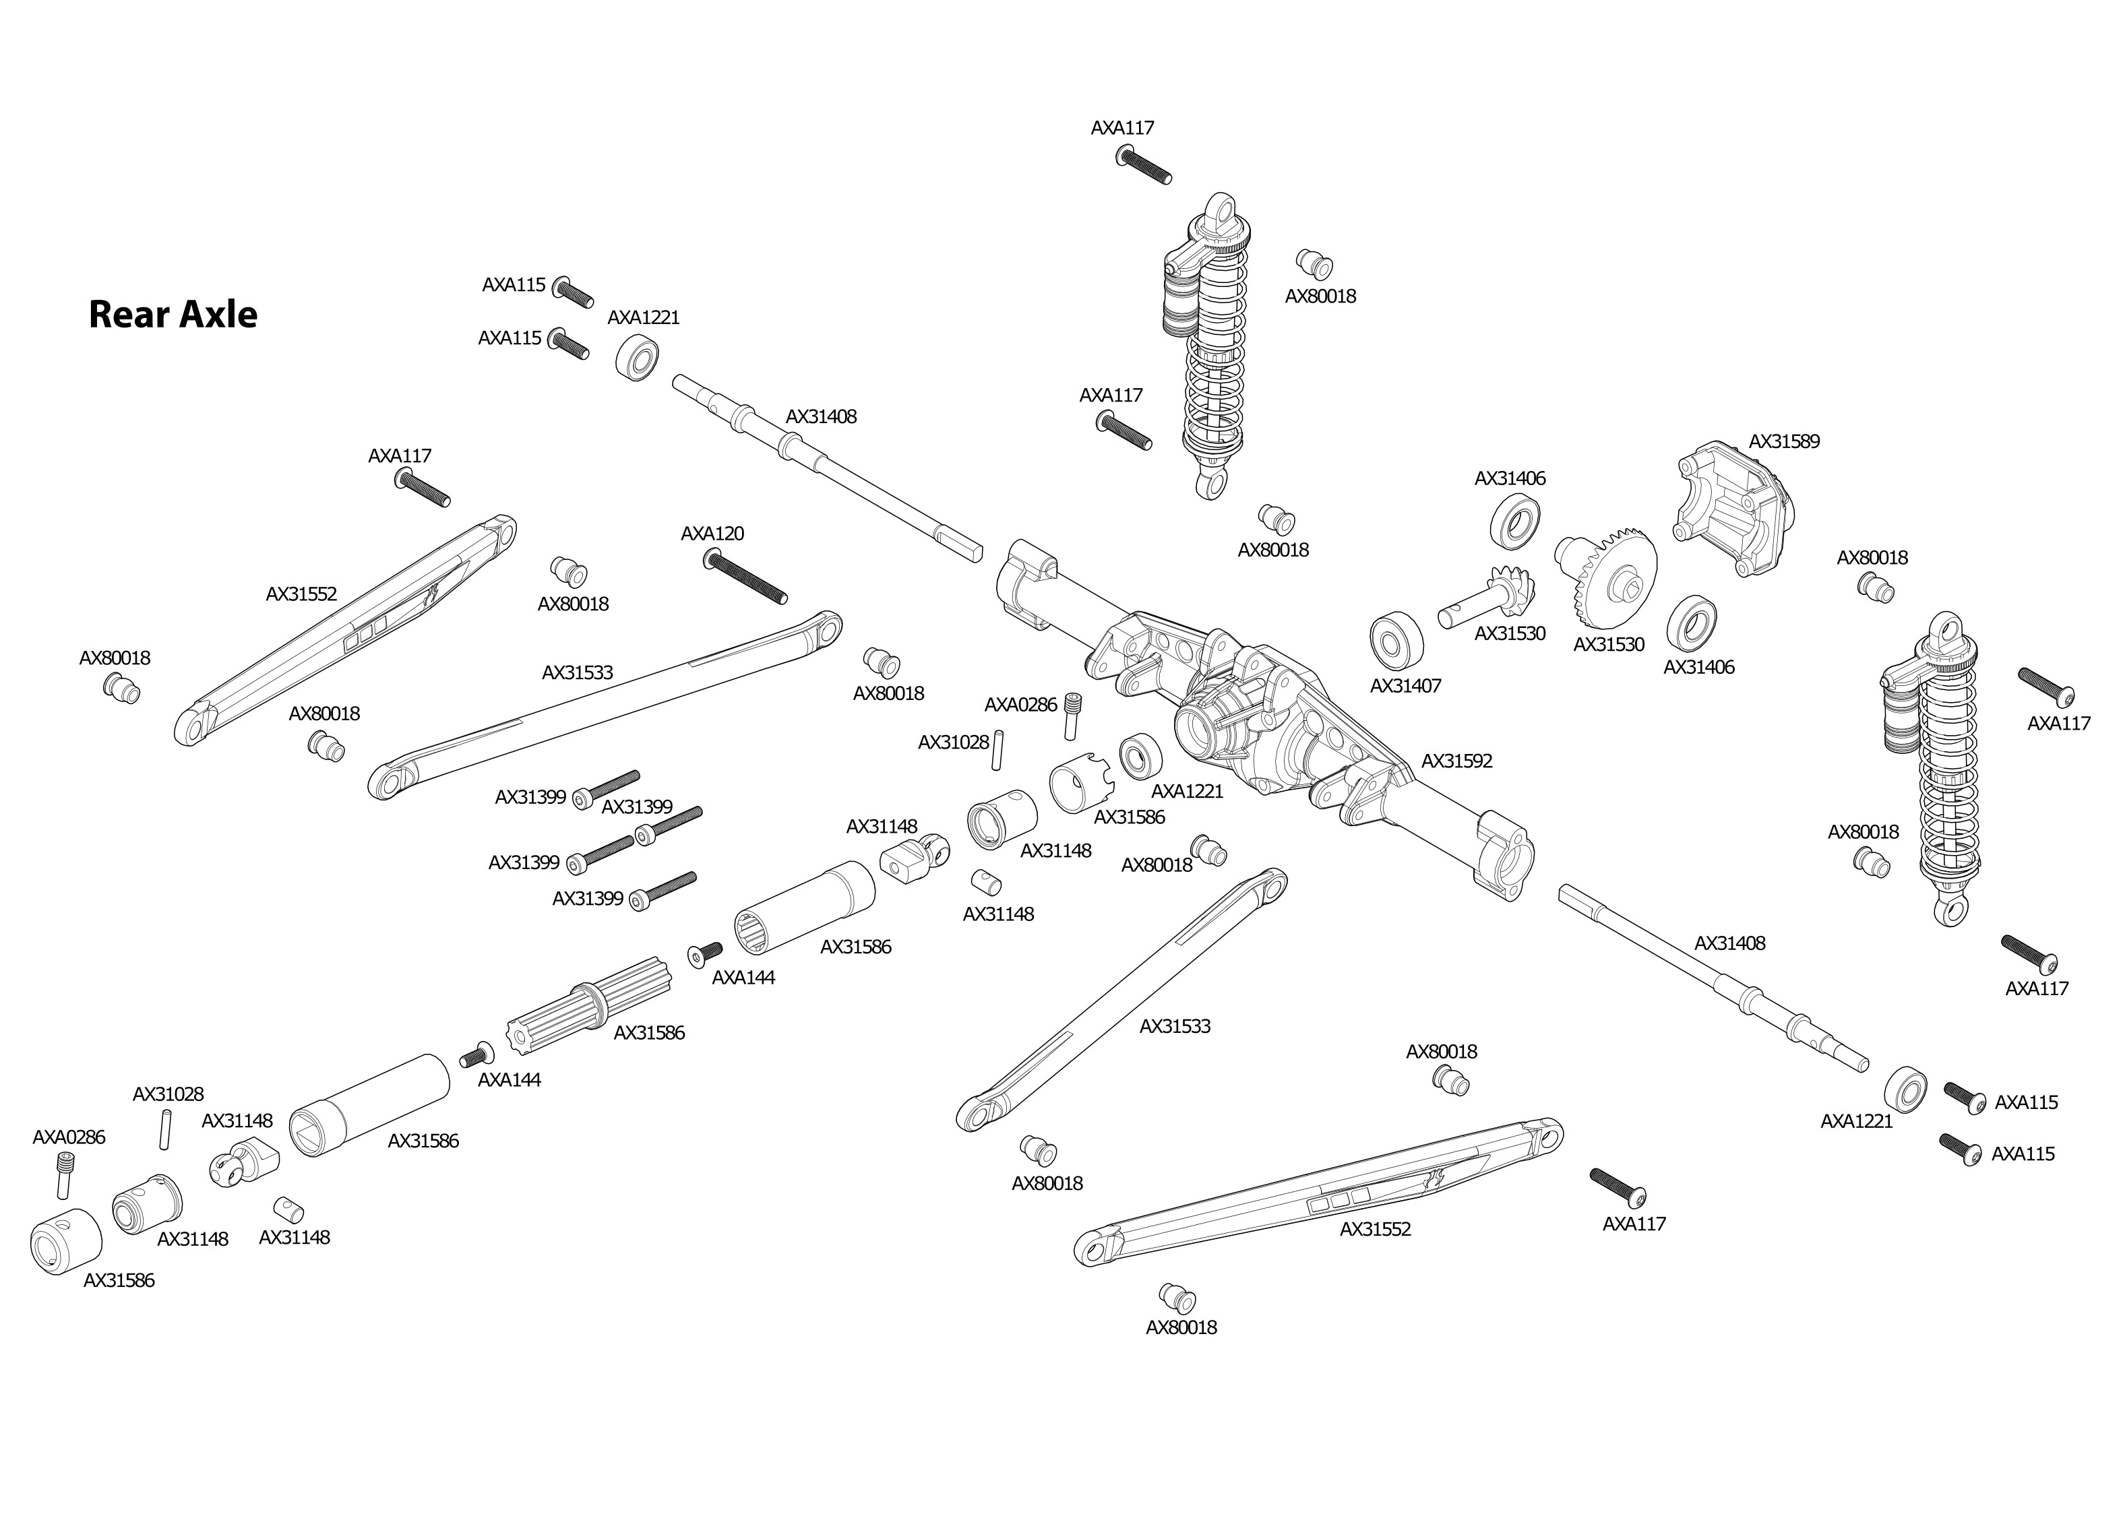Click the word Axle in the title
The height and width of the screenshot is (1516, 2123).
218,315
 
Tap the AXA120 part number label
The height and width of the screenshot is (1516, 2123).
712,534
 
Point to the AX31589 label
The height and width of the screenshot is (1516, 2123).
1784,441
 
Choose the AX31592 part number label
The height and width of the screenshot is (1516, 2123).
1456,761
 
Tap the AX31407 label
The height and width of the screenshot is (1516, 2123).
1405,686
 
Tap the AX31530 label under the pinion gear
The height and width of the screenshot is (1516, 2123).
1510,634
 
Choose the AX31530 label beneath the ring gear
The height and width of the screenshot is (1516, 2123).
1609,645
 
